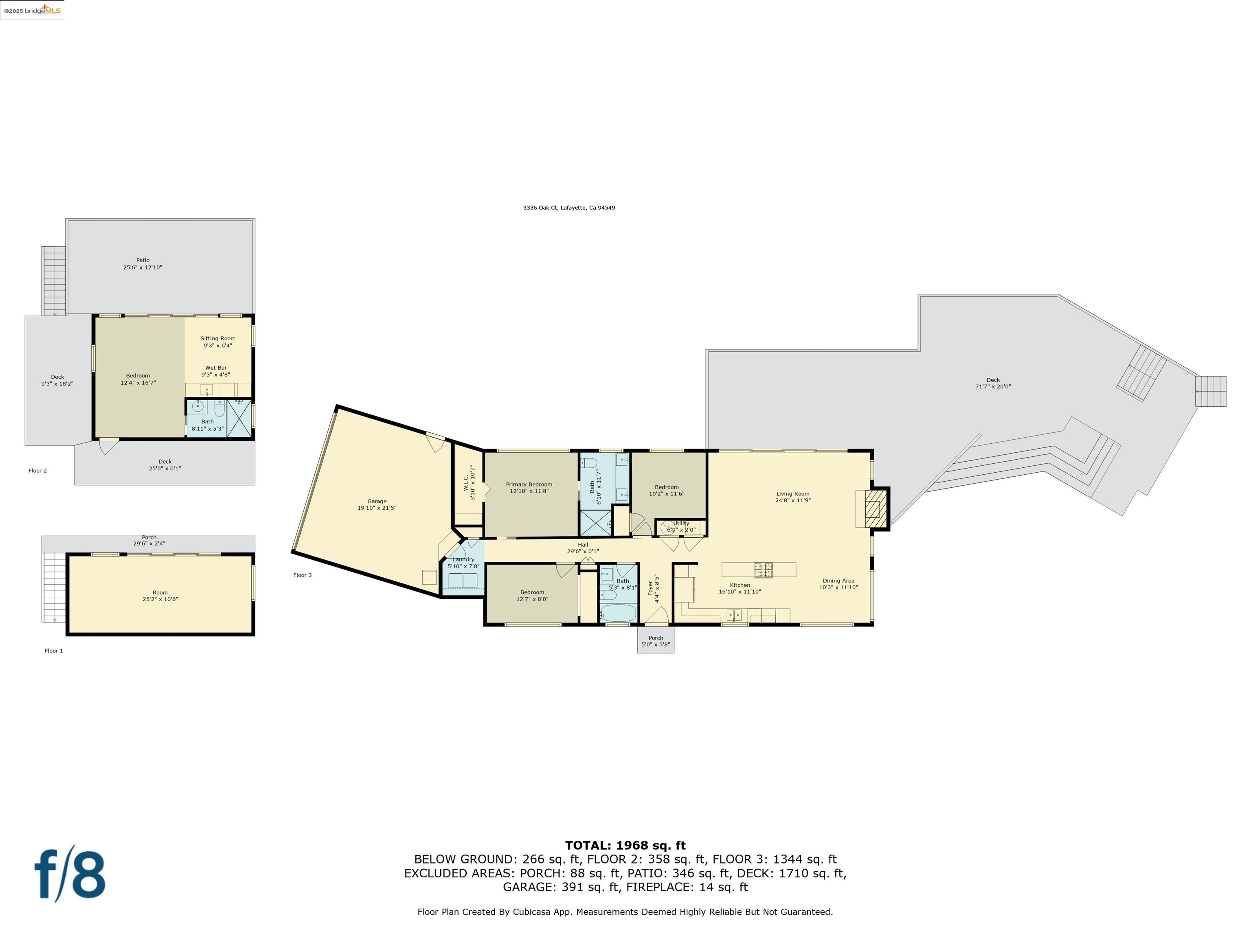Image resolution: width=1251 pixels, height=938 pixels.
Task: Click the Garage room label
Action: (377, 504)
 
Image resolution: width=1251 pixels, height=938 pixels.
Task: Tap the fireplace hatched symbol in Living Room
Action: (874, 508)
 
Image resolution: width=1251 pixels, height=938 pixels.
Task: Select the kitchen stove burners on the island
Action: (762, 570)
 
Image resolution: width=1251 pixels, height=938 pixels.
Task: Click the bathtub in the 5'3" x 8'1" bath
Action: (618, 613)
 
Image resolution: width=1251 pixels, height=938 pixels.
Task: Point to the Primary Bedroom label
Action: (529, 487)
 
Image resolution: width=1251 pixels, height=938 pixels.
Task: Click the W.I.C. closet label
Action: (470, 483)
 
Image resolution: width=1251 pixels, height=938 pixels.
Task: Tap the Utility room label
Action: (681, 526)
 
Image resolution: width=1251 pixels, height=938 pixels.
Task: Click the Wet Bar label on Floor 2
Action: (215, 371)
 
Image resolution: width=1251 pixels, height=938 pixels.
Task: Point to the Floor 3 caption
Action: (302, 575)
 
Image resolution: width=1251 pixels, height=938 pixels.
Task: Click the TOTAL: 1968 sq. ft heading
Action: (625, 845)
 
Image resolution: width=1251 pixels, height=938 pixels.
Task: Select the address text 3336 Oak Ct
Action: (568, 208)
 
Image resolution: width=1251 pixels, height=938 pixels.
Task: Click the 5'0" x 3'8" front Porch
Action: (656, 641)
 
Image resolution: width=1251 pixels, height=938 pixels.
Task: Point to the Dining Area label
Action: (838, 583)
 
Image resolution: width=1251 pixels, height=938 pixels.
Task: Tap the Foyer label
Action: (653, 588)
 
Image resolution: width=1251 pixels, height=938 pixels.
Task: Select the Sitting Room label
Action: (218, 342)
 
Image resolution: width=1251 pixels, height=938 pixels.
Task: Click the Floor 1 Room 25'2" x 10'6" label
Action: (160, 596)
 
